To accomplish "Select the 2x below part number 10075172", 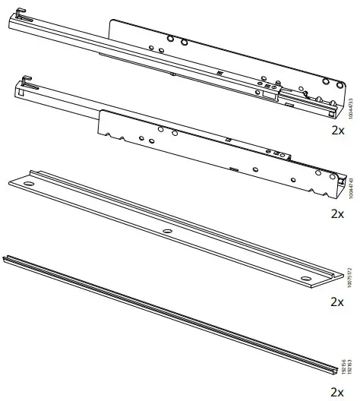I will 339,302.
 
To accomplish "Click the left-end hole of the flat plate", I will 30,184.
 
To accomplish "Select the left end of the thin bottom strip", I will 9,260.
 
